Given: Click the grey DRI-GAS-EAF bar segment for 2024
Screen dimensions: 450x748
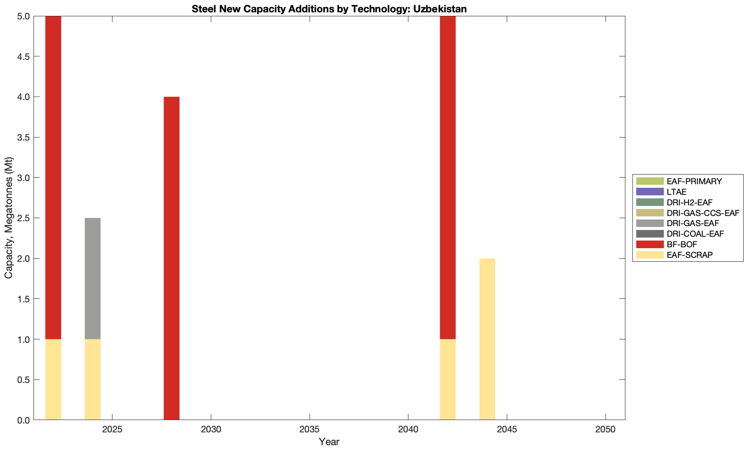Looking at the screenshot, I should (93, 278).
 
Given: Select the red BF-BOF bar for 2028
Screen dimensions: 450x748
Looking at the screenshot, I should (172, 258).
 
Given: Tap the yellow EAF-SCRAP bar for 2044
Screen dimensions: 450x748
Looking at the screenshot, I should (487, 339).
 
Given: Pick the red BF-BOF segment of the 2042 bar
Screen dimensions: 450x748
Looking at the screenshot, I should (448, 177).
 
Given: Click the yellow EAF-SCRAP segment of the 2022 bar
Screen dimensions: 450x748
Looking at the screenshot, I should (53, 379).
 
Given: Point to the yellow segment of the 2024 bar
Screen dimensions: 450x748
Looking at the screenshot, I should (93, 379).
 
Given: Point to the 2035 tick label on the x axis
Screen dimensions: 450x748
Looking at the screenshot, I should (310, 429).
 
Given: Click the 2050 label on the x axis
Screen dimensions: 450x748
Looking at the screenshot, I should (606, 429).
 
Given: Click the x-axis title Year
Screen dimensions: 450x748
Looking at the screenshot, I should (329, 442).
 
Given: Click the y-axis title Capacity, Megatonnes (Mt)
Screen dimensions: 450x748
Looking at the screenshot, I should (9, 218).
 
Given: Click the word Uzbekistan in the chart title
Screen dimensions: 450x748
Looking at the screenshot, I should (440, 9).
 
